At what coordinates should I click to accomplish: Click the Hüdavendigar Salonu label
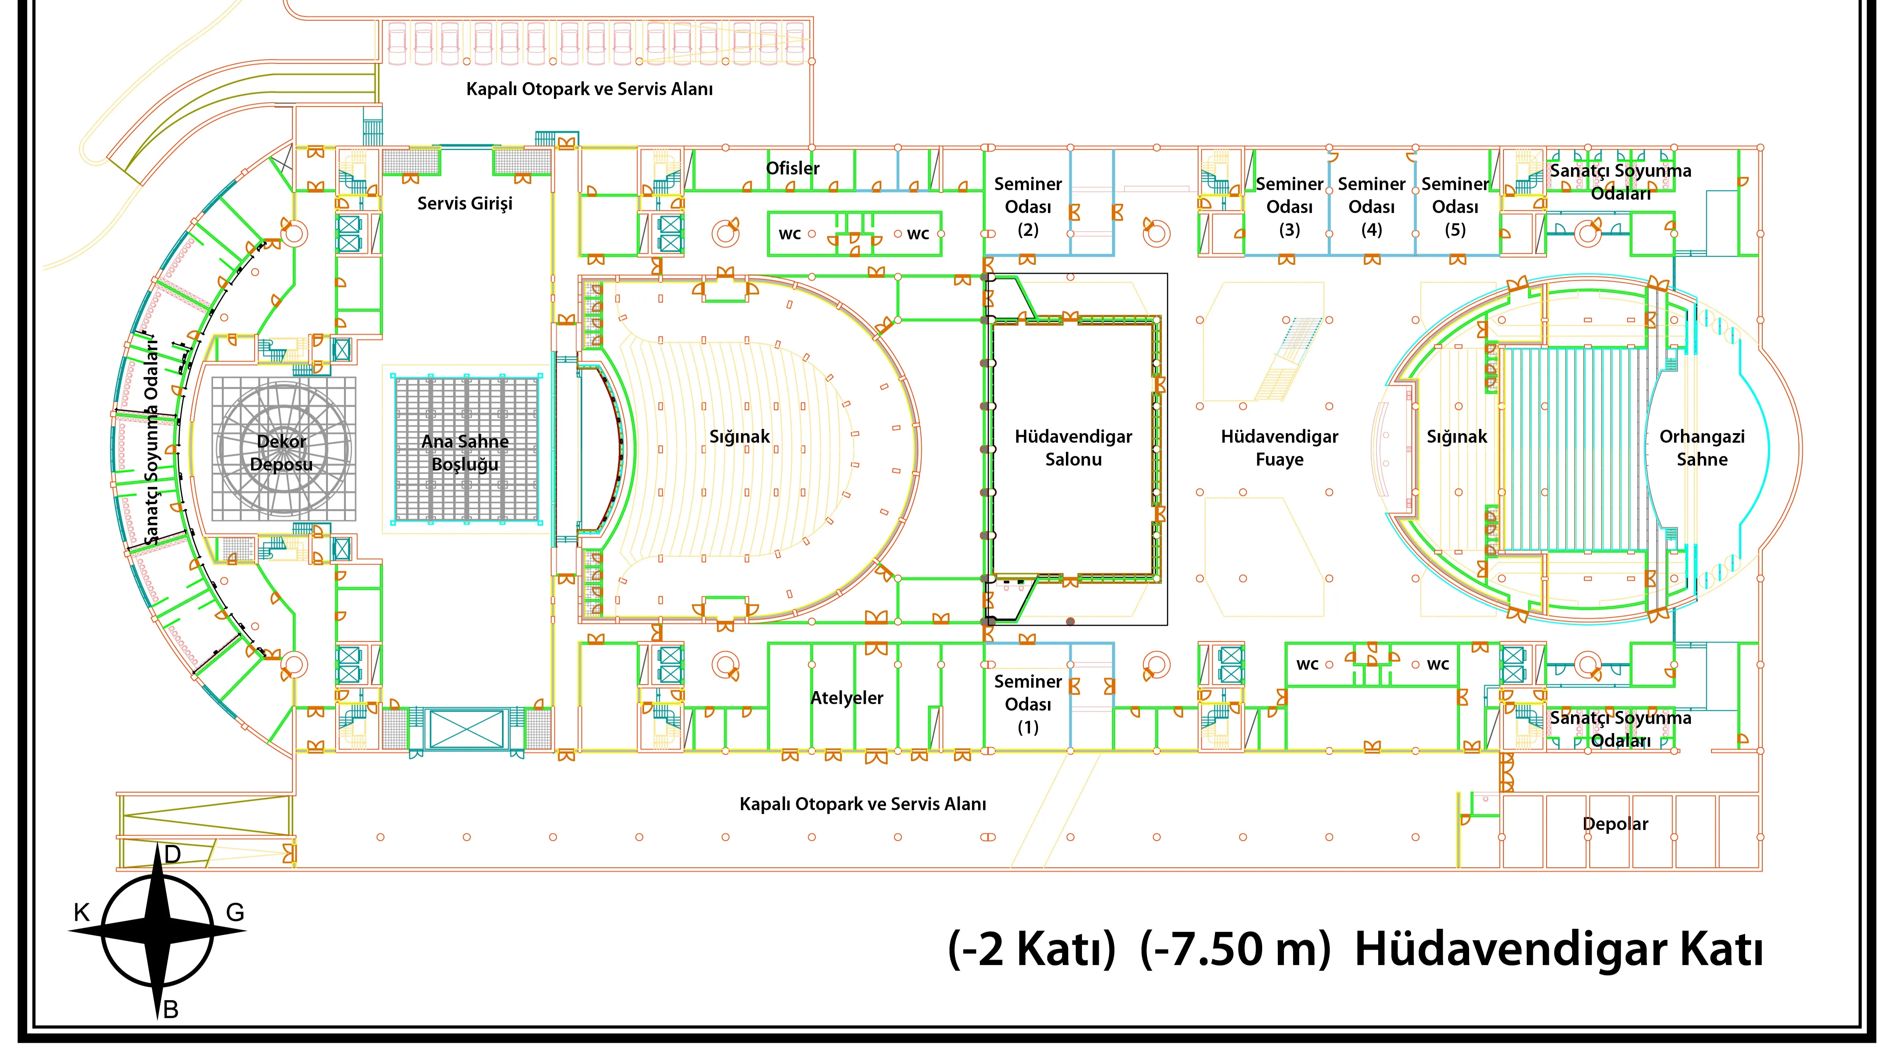tap(1074, 448)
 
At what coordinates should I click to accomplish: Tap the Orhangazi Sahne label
tap(1702, 448)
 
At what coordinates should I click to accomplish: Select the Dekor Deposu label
tap(282, 453)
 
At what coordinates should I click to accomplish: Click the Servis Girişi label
tap(465, 204)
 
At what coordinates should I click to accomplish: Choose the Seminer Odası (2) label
tap(1028, 206)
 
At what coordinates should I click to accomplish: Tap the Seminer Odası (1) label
tap(1028, 704)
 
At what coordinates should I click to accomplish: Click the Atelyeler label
tap(847, 698)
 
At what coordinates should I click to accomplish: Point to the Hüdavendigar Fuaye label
tap(1279, 448)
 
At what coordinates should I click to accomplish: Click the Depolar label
tap(1615, 824)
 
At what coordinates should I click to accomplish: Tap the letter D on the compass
tap(173, 854)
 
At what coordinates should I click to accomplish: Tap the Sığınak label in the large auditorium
tap(740, 437)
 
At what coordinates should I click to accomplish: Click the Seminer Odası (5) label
tap(1455, 206)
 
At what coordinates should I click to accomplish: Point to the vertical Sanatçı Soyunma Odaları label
tap(152, 441)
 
